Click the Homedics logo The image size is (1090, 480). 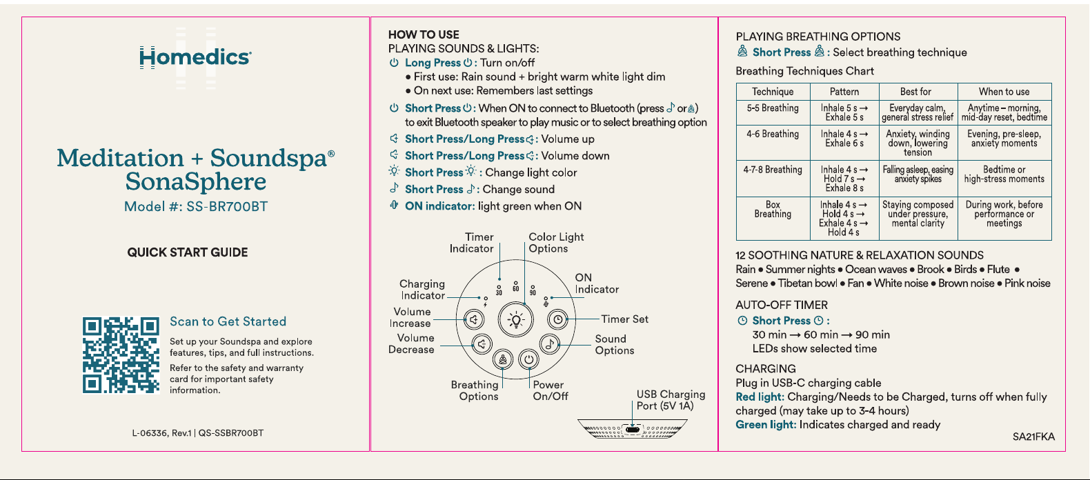tap(195, 57)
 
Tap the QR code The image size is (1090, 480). tap(121, 355)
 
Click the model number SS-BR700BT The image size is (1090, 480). tap(227, 207)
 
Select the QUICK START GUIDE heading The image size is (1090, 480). tap(188, 252)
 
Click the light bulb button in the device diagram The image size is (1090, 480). tap(516, 320)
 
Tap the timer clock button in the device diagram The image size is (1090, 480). tap(557, 319)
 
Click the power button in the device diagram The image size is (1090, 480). tap(528, 360)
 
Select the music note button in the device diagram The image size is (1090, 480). tap(550, 344)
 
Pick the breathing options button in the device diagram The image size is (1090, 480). tap(503, 360)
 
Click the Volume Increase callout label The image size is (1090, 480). tap(410, 317)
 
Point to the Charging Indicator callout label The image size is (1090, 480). tap(422, 290)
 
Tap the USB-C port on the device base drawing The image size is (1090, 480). tap(633, 430)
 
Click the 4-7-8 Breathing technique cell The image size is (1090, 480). tap(773, 170)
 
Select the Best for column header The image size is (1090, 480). tap(915, 92)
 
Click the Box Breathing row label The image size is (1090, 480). tap(773, 209)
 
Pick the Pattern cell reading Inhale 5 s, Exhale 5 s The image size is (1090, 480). tap(844, 113)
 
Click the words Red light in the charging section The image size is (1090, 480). tap(760, 397)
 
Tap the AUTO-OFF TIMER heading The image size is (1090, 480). tap(782, 306)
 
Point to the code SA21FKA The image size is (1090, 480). tap(1033, 437)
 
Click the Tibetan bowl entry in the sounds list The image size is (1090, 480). tap(807, 283)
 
